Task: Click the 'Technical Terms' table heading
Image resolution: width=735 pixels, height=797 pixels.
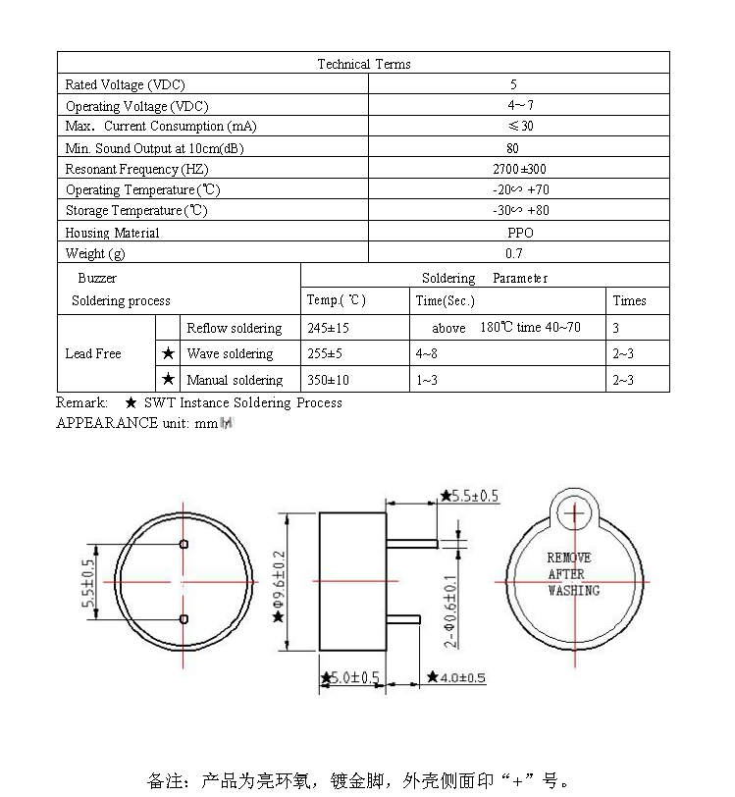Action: tap(364, 64)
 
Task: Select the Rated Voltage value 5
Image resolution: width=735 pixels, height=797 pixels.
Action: tap(513, 85)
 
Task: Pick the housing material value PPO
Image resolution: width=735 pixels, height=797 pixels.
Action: tap(520, 233)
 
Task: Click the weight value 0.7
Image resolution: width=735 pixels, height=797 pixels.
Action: tap(514, 253)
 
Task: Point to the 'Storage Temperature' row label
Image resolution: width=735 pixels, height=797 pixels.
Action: tap(136, 211)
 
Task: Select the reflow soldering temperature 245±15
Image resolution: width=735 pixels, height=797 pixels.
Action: tap(329, 328)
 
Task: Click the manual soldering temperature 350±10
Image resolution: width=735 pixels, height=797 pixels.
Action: tap(329, 380)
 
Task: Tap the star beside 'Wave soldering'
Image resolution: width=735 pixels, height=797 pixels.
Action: tap(169, 353)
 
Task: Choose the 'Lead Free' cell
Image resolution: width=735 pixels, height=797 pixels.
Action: tap(93, 353)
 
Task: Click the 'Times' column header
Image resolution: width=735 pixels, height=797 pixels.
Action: tap(630, 300)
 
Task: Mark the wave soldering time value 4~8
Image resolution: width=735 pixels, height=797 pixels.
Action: tap(427, 353)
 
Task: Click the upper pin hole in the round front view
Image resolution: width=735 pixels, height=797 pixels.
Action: tap(184, 545)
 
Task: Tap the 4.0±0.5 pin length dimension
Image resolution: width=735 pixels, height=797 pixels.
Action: tap(456, 678)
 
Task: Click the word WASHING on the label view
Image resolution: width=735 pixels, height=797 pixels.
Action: tap(573, 590)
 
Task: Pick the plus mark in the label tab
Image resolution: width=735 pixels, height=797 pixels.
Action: tap(574, 513)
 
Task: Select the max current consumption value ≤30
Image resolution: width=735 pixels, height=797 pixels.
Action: tap(520, 127)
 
